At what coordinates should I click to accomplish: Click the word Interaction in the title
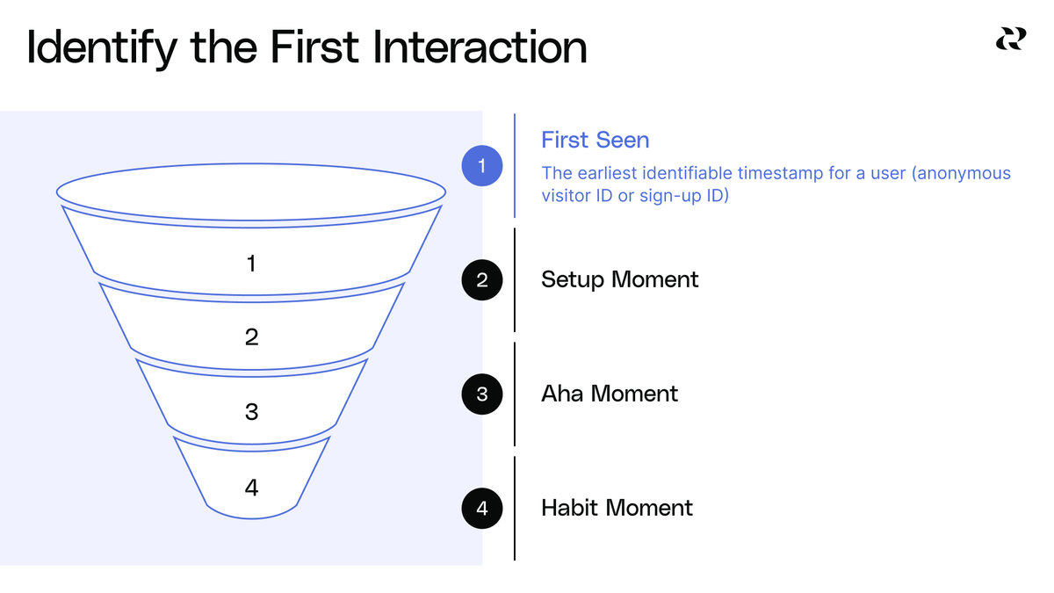pyautogui.click(x=480, y=47)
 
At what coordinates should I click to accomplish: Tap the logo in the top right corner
pyautogui.click(x=1009, y=39)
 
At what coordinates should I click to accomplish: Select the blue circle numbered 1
pyautogui.click(x=482, y=165)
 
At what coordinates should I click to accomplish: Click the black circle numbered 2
pyautogui.click(x=482, y=280)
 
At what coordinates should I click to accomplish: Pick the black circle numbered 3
pyautogui.click(x=482, y=394)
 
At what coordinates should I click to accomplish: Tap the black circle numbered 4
pyautogui.click(x=482, y=508)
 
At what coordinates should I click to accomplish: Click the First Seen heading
pyautogui.click(x=595, y=140)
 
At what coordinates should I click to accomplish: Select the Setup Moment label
pyautogui.click(x=619, y=280)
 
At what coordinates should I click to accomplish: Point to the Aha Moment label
pyautogui.click(x=609, y=394)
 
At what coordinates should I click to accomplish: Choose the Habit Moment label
pyautogui.click(x=617, y=508)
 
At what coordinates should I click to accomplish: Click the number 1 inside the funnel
pyautogui.click(x=251, y=263)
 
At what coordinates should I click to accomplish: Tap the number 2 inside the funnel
pyautogui.click(x=251, y=337)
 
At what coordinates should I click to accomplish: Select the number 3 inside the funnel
pyautogui.click(x=251, y=411)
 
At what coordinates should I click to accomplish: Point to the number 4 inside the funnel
pyautogui.click(x=251, y=487)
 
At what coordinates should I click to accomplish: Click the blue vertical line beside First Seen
pyautogui.click(x=515, y=165)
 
